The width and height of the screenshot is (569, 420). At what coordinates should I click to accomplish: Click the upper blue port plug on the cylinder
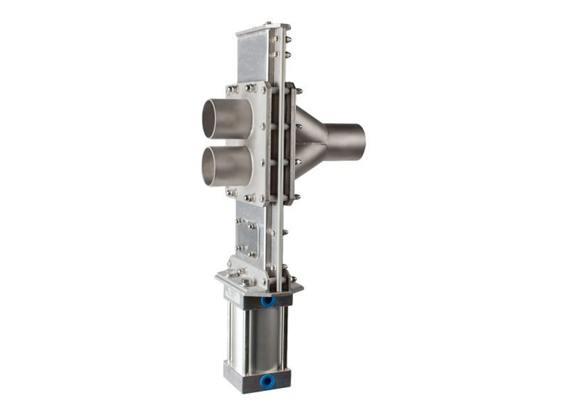coord(267,301)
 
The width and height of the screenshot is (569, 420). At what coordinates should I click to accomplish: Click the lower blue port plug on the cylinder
coord(267,382)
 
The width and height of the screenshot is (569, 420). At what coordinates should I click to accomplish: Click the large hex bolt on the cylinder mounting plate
coord(247,282)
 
